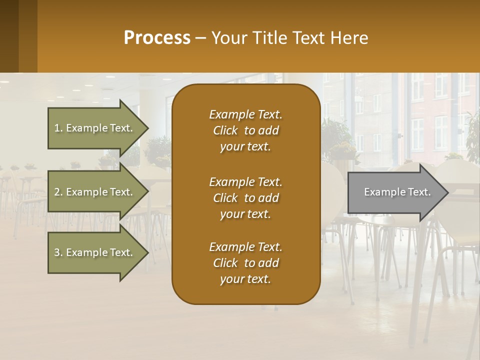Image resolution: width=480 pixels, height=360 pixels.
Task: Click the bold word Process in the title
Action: (157, 38)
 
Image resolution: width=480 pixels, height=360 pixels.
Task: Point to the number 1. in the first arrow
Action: (58, 128)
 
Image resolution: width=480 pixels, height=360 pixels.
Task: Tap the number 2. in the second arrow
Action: (58, 192)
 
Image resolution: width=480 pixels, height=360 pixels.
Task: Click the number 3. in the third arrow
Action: (58, 252)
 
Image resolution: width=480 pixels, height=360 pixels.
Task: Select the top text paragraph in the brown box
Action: (245, 130)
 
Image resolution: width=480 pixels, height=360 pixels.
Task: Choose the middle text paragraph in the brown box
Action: (245, 198)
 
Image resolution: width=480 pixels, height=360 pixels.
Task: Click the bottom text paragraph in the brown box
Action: (245, 263)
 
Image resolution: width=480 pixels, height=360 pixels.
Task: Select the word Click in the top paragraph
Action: (225, 130)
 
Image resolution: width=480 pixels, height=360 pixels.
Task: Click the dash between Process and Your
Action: (201, 38)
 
